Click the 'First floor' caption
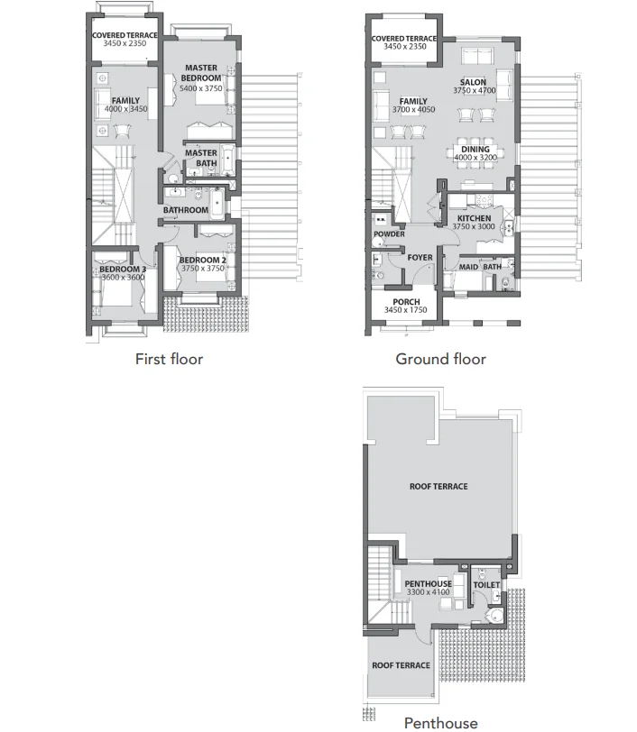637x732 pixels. [169, 359]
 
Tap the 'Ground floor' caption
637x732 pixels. [440, 359]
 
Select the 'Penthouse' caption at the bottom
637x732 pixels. [440, 723]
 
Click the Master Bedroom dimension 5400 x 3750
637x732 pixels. [201, 88]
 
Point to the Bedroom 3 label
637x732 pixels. [123, 269]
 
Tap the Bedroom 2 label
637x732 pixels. [203, 260]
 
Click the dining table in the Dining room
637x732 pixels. [475, 152]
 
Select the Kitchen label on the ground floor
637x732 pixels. [474, 218]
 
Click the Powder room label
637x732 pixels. [389, 233]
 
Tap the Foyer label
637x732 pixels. [420, 257]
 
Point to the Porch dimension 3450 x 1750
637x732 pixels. [406, 310]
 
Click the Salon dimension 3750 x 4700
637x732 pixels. [474, 90]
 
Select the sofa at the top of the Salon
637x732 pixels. [477, 56]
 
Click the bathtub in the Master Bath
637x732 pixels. [227, 160]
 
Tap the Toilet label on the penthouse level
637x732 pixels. [486, 585]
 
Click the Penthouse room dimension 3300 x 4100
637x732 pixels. [428, 592]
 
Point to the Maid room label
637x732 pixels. [468, 267]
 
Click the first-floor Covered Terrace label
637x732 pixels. [125, 35]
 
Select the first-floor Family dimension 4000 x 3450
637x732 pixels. [125, 109]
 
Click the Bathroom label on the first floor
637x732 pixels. [186, 210]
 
